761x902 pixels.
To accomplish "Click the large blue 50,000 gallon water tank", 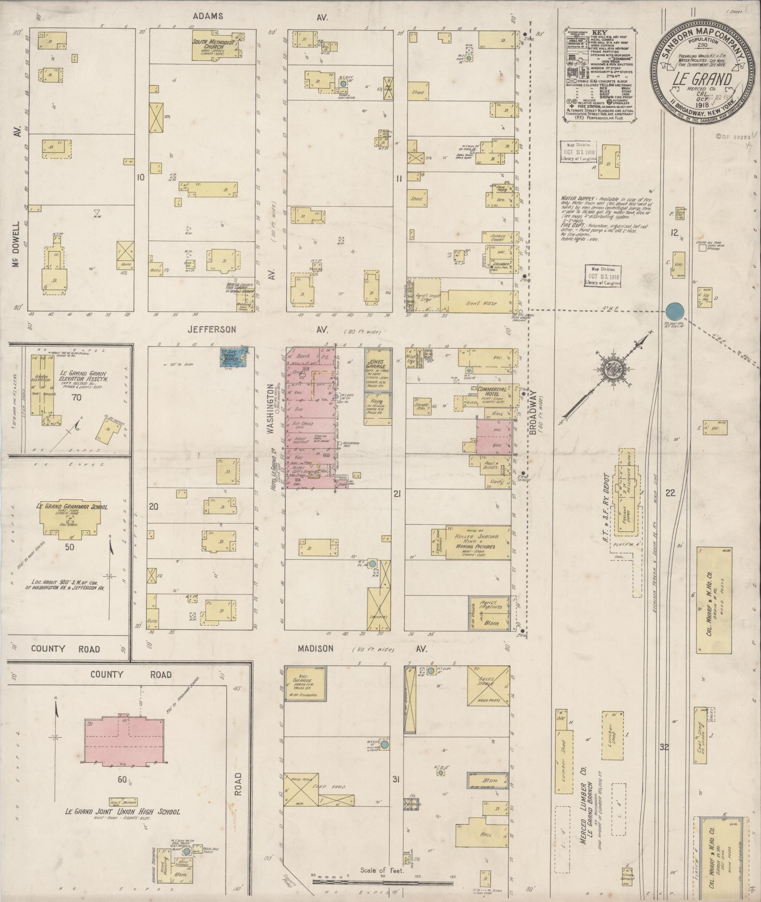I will [675, 311].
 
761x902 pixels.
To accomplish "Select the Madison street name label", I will [316, 649].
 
